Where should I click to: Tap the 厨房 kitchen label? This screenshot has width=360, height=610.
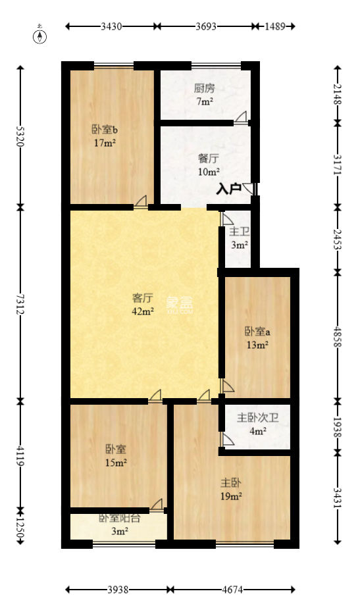click(204, 88)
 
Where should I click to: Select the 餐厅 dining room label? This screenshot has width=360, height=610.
click(209, 159)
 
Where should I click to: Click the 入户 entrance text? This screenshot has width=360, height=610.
click(228, 190)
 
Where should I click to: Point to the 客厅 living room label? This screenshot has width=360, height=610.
click(143, 297)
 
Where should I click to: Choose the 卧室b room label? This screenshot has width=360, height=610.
click(104, 129)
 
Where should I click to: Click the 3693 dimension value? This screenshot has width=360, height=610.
click(206, 27)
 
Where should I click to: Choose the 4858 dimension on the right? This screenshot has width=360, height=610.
click(338, 335)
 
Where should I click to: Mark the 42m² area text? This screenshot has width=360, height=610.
click(143, 311)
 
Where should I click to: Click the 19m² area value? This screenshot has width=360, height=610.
click(231, 496)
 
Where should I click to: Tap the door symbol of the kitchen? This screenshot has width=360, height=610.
click(241, 118)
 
